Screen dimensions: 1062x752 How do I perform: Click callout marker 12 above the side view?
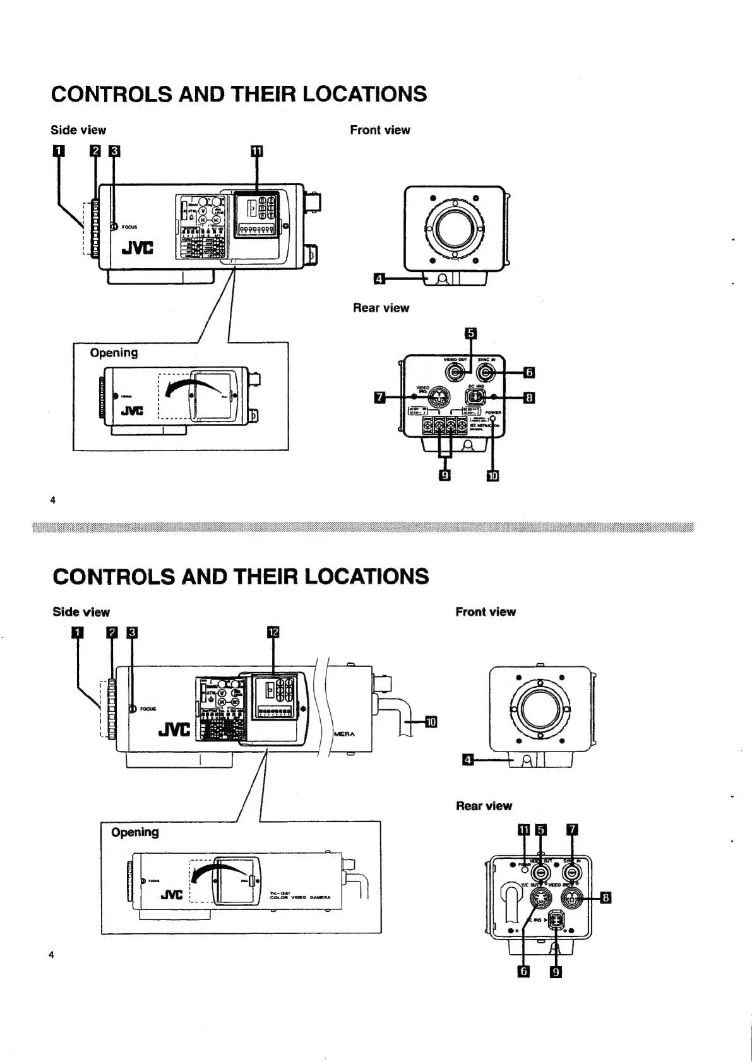(x=273, y=632)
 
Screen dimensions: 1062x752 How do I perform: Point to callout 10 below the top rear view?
(x=492, y=475)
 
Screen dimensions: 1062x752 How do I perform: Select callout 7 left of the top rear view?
(x=379, y=397)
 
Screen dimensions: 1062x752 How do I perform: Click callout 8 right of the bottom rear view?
(x=606, y=898)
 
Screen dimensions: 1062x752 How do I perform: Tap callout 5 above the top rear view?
(x=471, y=333)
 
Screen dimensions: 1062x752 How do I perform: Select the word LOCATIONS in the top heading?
(x=364, y=94)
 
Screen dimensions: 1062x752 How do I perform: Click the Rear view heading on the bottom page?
(x=484, y=806)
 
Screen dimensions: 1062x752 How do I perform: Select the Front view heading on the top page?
(x=379, y=130)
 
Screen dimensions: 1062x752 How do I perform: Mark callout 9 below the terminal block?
(x=445, y=475)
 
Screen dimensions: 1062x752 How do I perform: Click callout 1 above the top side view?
(x=57, y=151)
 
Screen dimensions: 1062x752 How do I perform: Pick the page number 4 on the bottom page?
(x=52, y=955)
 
